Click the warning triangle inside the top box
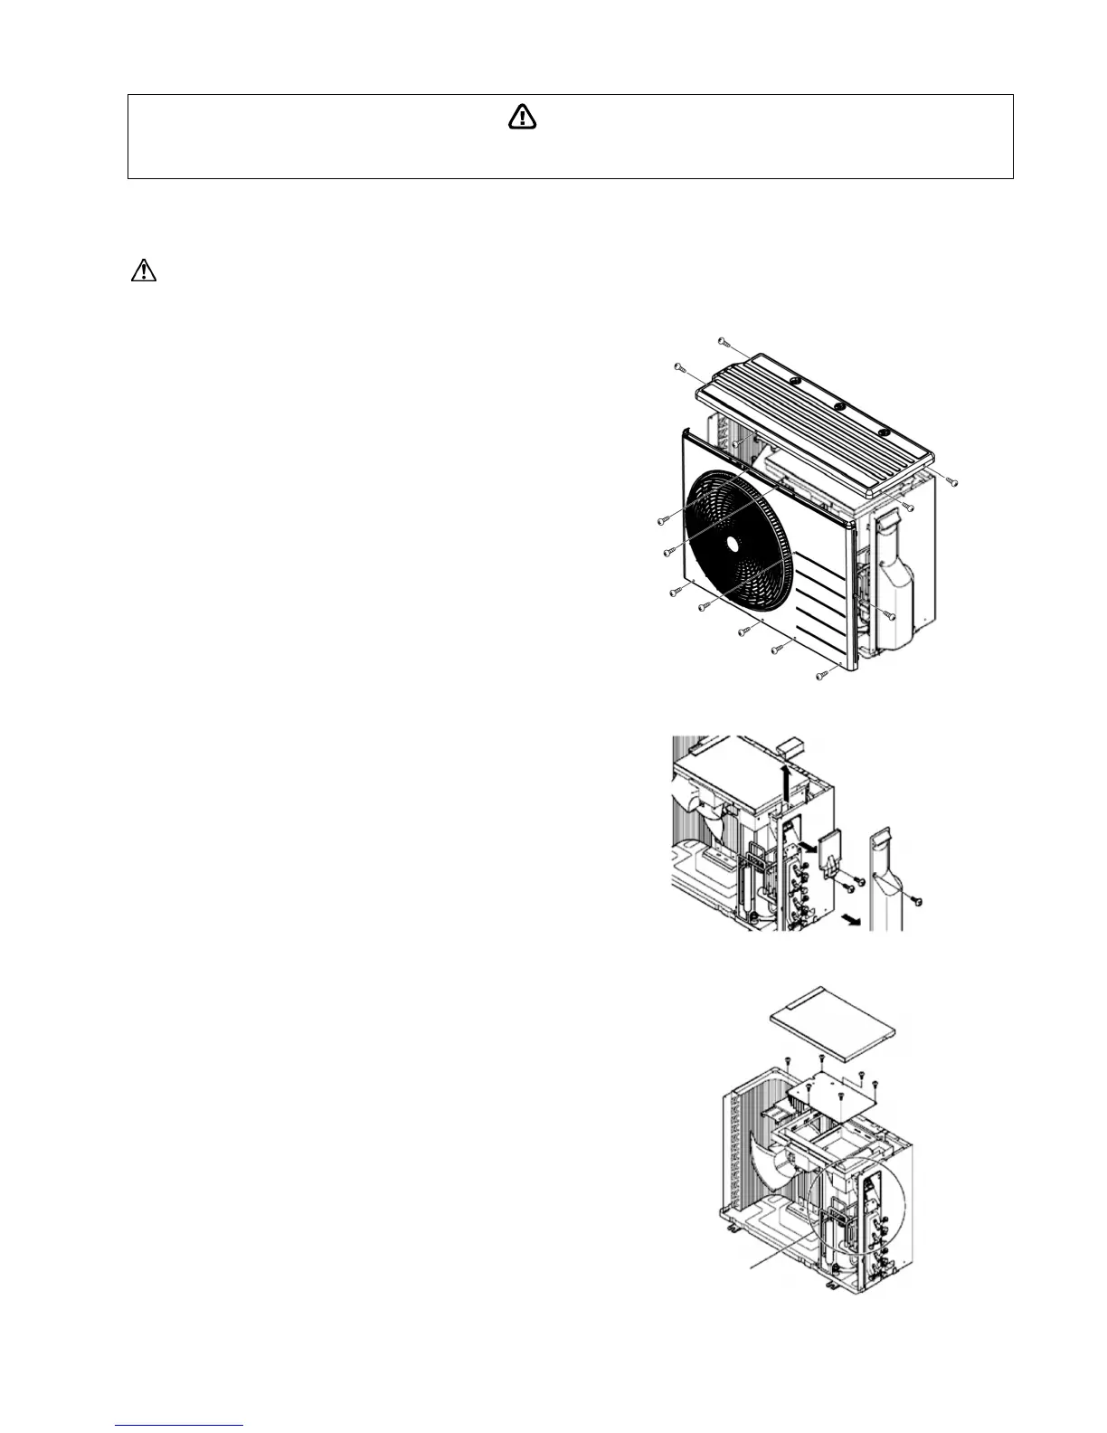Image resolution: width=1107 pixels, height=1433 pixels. [x=522, y=117]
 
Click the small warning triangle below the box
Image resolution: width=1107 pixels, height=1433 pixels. [x=144, y=270]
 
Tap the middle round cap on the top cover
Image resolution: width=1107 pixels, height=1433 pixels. [x=839, y=407]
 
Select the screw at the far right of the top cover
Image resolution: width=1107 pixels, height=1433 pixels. [x=952, y=481]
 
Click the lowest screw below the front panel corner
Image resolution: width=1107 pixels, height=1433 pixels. [x=821, y=676]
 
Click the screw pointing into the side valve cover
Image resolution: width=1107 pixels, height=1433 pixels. [x=890, y=615]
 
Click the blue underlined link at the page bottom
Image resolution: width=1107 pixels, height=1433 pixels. [x=180, y=1426]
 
